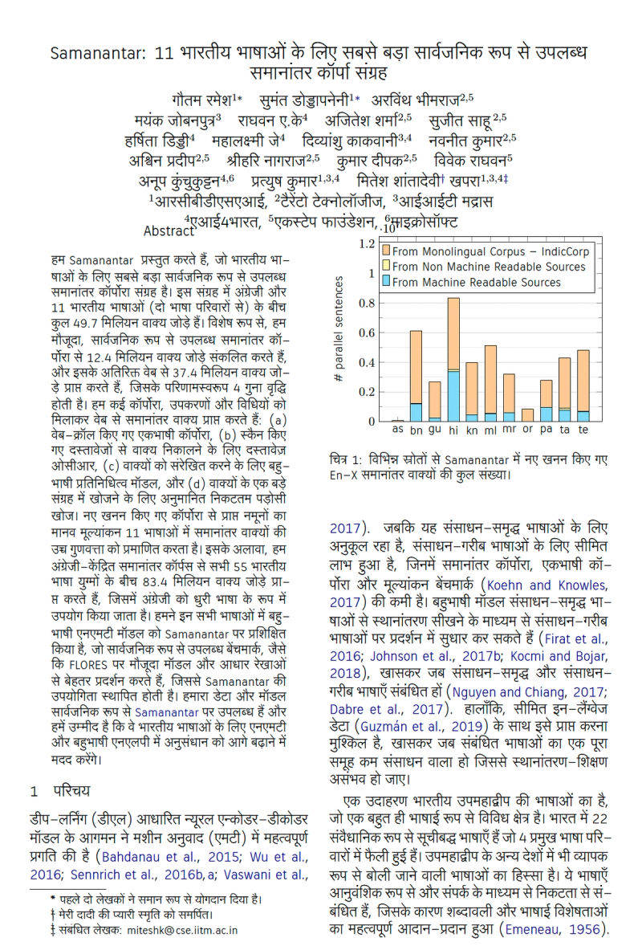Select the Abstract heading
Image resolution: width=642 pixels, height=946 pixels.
click(169, 230)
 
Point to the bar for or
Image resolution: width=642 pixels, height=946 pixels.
click(527, 415)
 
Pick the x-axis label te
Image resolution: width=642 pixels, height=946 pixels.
click(583, 431)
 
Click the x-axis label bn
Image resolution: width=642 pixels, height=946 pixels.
click(416, 431)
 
